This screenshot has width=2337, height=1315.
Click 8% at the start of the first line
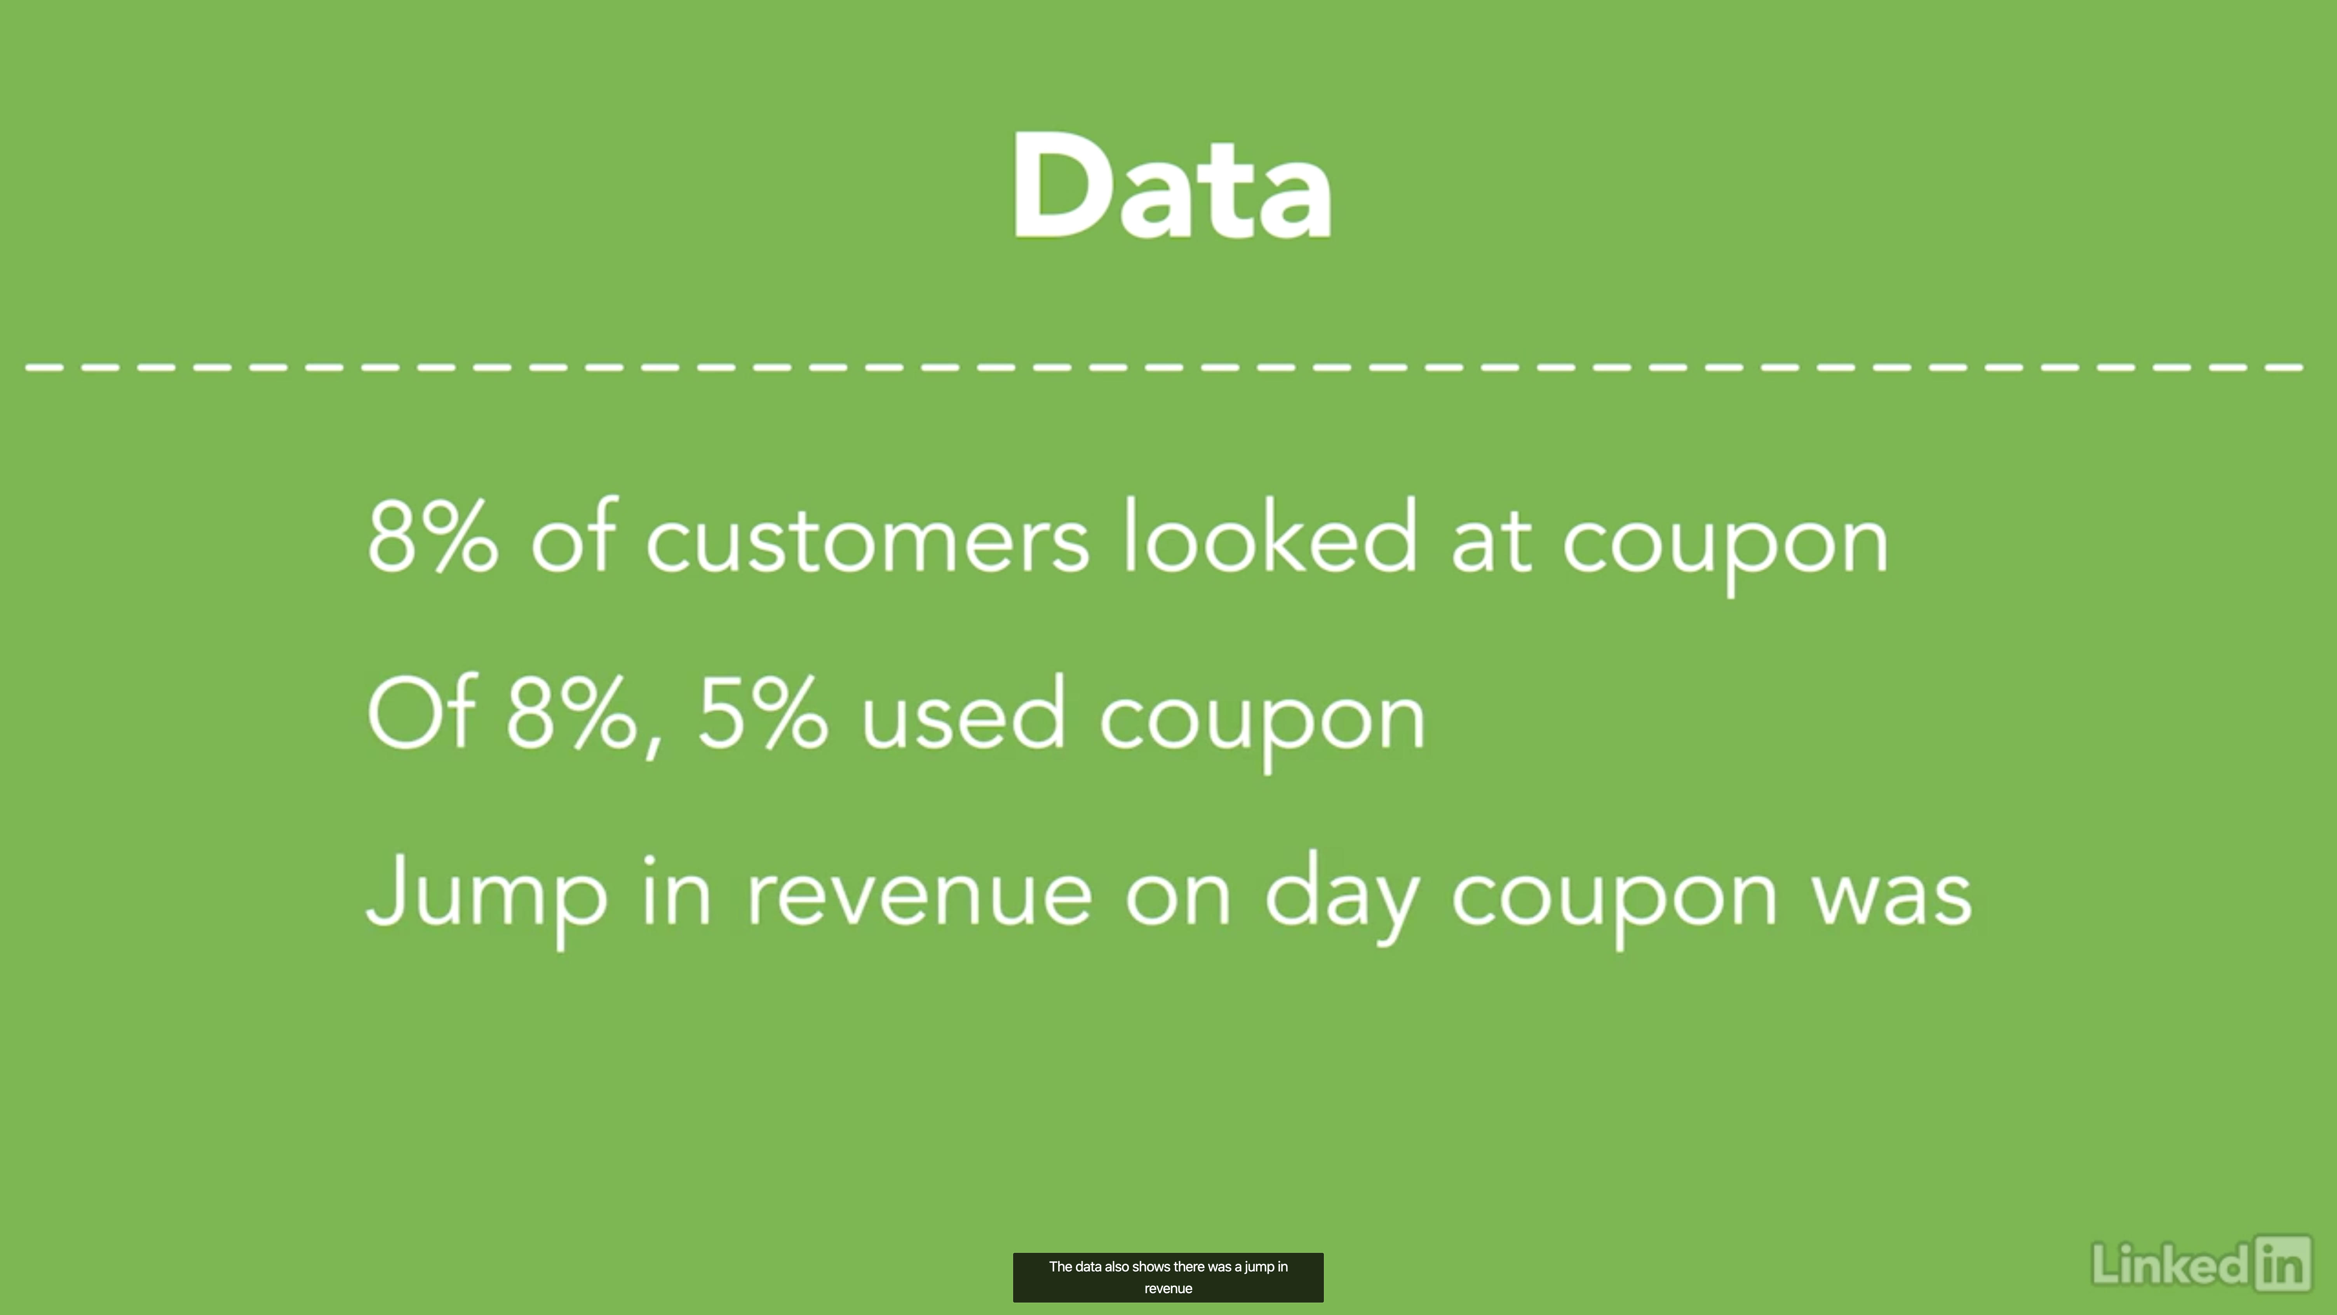pos(432,536)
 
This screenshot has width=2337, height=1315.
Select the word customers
pos(867,542)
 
